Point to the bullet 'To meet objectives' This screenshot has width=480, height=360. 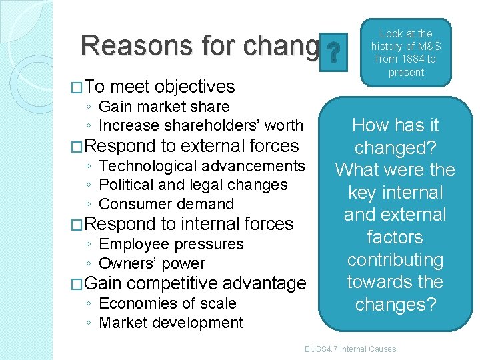(x=160, y=87)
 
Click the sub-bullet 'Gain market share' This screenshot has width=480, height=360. (x=163, y=107)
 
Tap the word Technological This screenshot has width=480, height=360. (x=147, y=165)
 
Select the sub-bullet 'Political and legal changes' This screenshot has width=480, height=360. (x=193, y=185)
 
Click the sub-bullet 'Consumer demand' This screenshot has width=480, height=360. (x=166, y=204)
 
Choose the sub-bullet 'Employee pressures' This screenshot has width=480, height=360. (x=171, y=244)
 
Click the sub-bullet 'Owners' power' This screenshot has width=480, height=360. (x=151, y=263)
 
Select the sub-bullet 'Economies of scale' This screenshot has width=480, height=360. (x=167, y=303)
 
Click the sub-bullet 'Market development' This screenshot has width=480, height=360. (x=171, y=323)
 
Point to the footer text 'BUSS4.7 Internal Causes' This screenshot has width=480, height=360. (x=350, y=349)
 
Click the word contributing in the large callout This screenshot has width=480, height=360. (x=395, y=260)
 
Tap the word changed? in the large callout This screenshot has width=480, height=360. (x=395, y=147)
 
